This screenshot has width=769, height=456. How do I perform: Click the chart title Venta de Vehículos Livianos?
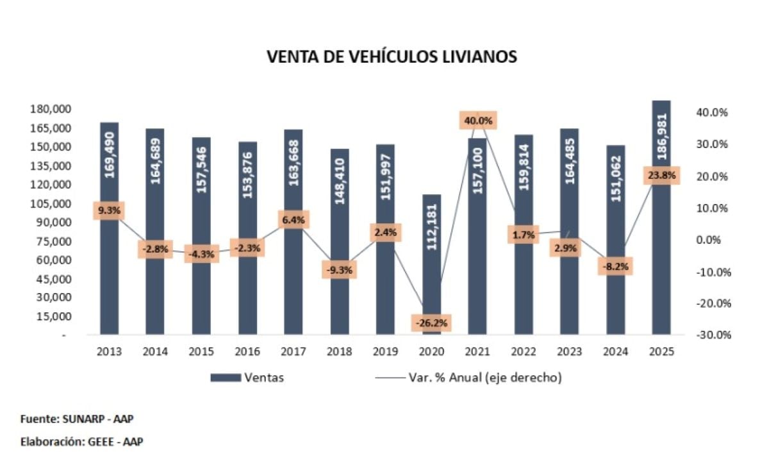pyautogui.click(x=392, y=56)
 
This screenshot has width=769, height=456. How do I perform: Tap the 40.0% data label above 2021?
pyautogui.click(x=479, y=120)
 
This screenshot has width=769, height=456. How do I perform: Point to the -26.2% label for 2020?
pyautogui.click(x=431, y=323)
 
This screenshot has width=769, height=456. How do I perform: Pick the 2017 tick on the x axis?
pyautogui.click(x=292, y=351)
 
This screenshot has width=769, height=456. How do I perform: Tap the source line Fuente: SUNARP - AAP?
pyautogui.click(x=76, y=419)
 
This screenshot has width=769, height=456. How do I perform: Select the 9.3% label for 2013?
pyautogui.click(x=109, y=210)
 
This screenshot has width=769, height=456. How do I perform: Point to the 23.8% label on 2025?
pyautogui.click(x=661, y=176)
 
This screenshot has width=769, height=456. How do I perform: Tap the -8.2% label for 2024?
pyautogui.click(x=615, y=266)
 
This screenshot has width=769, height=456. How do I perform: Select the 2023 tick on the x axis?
pyautogui.click(x=569, y=351)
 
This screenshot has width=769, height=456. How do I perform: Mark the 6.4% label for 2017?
pyautogui.click(x=293, y=219)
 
